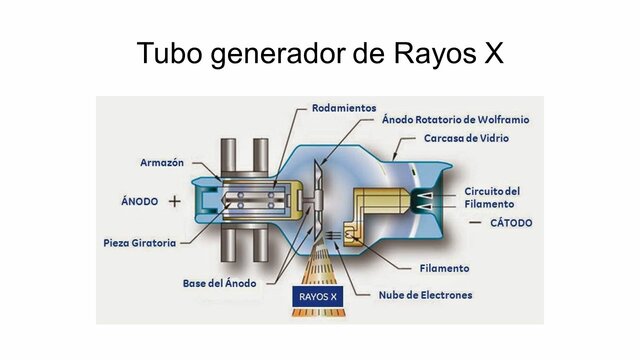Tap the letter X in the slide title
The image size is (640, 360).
pos(491,53)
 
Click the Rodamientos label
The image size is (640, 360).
pos(345,107)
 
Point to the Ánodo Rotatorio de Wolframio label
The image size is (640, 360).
pos(455,119)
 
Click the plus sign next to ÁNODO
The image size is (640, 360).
pos(175,201)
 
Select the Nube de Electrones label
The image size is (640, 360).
pos(425,295)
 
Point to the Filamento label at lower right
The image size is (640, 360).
pos(443,268)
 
